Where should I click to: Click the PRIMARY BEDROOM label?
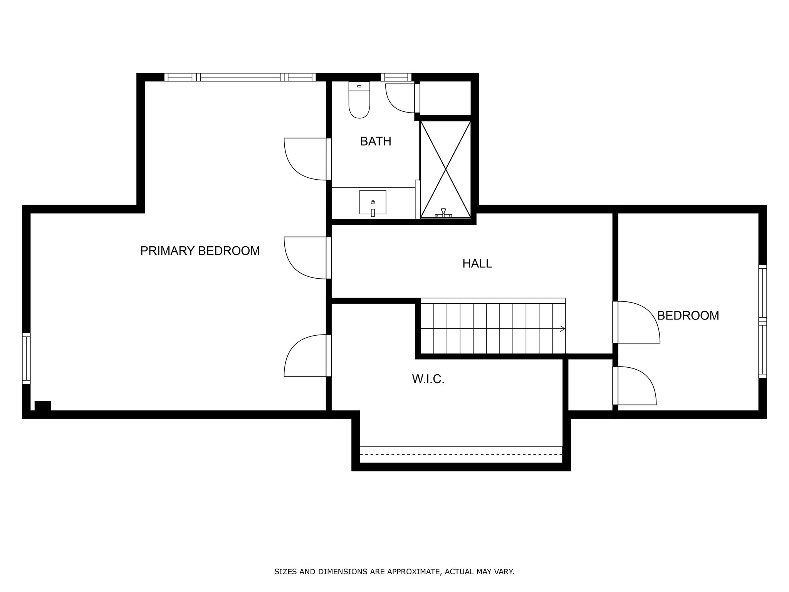coord(200,251)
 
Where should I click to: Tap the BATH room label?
coord(376,141)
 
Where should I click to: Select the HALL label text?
coord(477,264)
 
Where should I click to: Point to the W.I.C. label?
coord(428,379)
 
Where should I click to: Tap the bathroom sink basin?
coord(373,202)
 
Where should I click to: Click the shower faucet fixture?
coord(443,213)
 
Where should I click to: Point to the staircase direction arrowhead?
coord(562,329)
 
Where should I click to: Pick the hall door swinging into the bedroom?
coord(636,322)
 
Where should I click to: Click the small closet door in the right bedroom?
coord(635,385)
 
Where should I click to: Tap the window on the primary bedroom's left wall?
coord(26,358)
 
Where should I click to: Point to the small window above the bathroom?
coord(396,77)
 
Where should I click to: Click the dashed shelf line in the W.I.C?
coord(461,454)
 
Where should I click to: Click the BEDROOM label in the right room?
coord(688,316)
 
